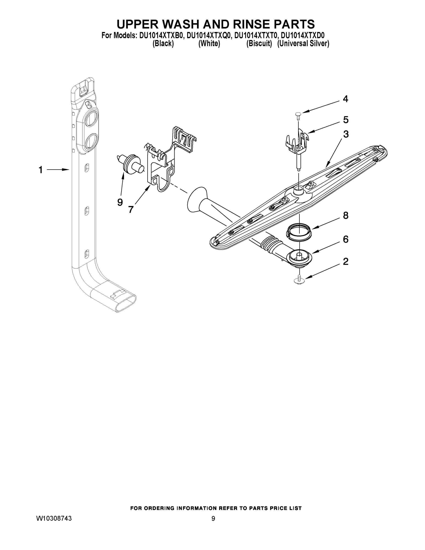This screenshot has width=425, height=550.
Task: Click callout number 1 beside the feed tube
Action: pos(40,170)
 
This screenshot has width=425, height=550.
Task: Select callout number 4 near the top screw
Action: pos(346,99)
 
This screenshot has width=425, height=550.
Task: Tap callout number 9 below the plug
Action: pos(120,202)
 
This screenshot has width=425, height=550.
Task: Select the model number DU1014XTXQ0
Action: pos(209,36)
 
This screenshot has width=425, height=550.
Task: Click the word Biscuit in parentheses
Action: pos(259,44)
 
